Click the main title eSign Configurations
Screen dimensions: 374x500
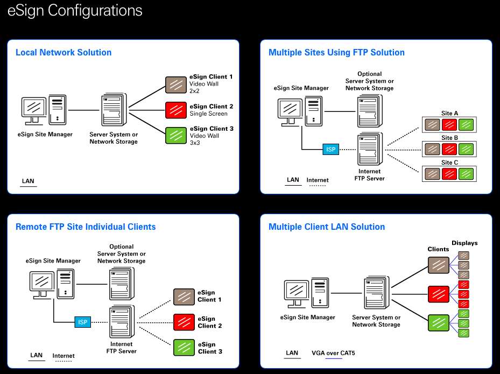[x=75, y=11]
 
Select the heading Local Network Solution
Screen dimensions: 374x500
[x=64, y=52]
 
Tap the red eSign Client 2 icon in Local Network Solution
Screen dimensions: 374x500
[x=175, y=110]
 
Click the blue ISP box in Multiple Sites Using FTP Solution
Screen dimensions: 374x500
[x=331, y=150]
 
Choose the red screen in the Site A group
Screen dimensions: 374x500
[x=450, y=125]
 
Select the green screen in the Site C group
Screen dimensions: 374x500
[x=467, y=173]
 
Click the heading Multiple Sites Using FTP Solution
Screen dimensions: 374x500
[x=336, y=52]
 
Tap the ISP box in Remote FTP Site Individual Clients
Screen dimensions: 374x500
[x=82, y=322]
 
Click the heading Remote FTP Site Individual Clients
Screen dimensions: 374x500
[x=86, y=227]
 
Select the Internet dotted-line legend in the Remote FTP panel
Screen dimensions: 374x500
[x=64, y=356]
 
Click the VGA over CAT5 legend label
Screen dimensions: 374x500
[x=333, y=354]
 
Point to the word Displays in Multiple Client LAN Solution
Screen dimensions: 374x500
[x=464, y=243]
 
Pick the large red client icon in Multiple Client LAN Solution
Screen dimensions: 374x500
[x=438, y=294]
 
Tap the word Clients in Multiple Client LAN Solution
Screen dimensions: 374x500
[x=438, y=249]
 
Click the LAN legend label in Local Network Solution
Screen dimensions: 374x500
[x=28, y=181]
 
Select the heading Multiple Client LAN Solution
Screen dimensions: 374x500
[x=327, y=227]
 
